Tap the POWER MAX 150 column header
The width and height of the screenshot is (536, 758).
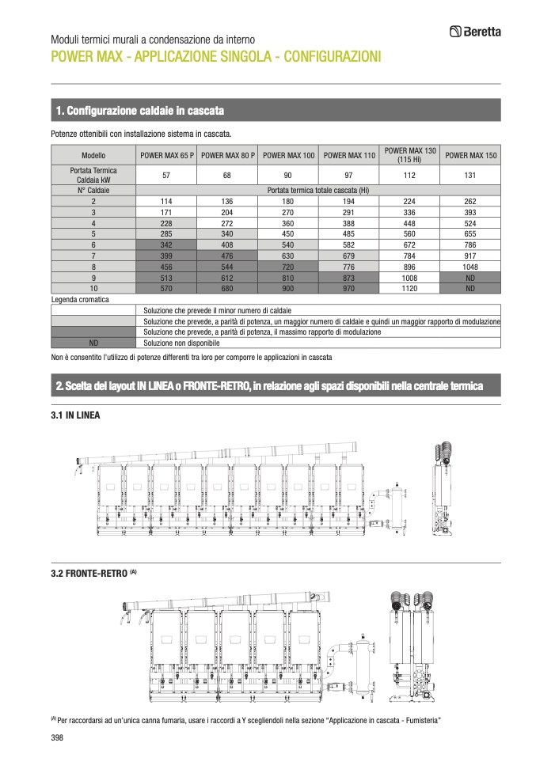click(470, 156)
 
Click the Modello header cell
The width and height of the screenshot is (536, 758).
click(93, 156)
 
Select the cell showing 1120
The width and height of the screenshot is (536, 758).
click(409, 290)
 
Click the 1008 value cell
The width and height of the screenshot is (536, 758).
click(409, 279)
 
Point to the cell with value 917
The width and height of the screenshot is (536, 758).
click(470, 256)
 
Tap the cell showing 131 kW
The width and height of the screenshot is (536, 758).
click(470, 175)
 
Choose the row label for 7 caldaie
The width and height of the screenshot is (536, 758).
click(93, 256)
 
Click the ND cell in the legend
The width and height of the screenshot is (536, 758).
click(93, 343)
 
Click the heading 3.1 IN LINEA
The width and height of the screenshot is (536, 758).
click(75, 414)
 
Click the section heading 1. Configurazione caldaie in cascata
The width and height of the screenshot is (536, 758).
click(140, 109)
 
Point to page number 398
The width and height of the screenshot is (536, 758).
click(57, 737)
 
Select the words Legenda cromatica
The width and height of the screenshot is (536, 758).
click(80, 301)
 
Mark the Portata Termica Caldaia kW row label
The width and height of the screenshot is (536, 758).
click(93, 175)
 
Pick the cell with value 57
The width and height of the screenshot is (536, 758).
click(166, 175)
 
